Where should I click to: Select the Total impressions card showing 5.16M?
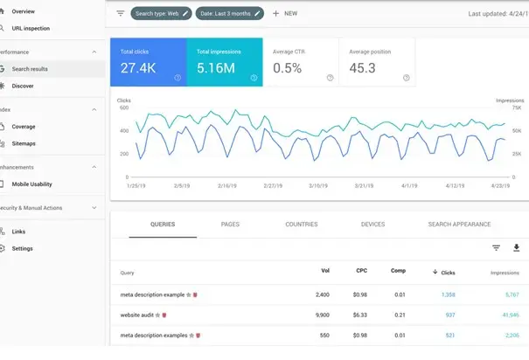click(x=224, y=62)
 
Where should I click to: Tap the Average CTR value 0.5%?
click(x=288, y=67)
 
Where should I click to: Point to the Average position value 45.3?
click(x=363, y=67)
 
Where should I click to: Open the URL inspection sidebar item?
click(x=31, y=28)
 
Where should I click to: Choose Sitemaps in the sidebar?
click(x=24, y=143)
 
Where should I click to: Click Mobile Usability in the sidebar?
click(x=32, y=184)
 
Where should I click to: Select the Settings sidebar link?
click(x=23, y=248)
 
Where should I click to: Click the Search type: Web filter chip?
click(x=161, y=14)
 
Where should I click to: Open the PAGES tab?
click(x=230, y=225)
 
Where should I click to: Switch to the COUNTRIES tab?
click(x=302, y=225)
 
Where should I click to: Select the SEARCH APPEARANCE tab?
click(x=459, y=225)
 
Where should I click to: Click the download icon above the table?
click(x=516, y=248)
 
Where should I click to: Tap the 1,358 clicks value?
click(x=448, y=295)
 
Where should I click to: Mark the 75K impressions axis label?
click(x=516, y=108)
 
